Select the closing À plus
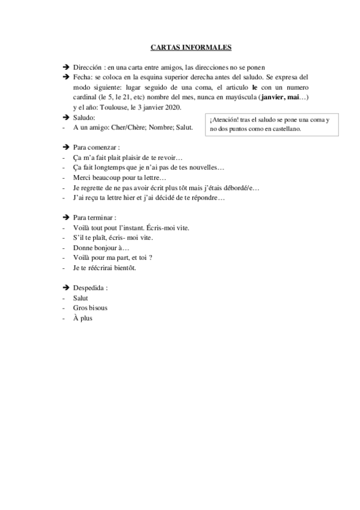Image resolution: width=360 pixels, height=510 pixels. pos(82,318)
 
